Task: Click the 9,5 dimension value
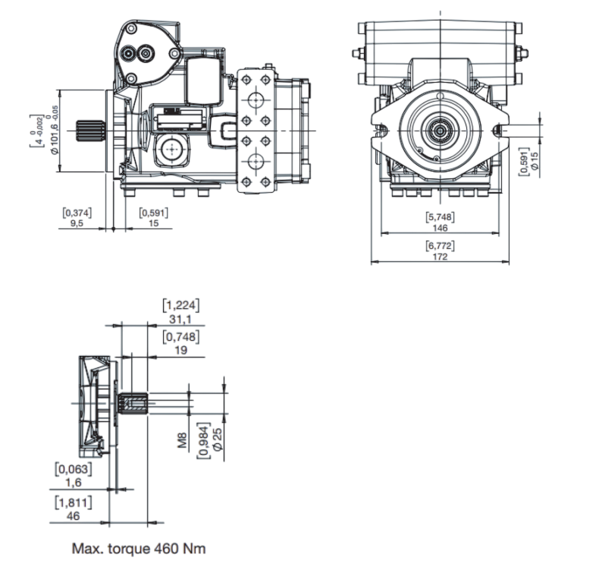(77, 224)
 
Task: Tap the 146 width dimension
(440, 227)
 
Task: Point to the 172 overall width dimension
(440, 257)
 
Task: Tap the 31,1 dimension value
(180, 319)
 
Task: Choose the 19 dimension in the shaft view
(180, 350)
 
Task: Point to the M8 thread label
(182, 440)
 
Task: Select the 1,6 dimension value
(74, 481)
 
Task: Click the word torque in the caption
(128, 547)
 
